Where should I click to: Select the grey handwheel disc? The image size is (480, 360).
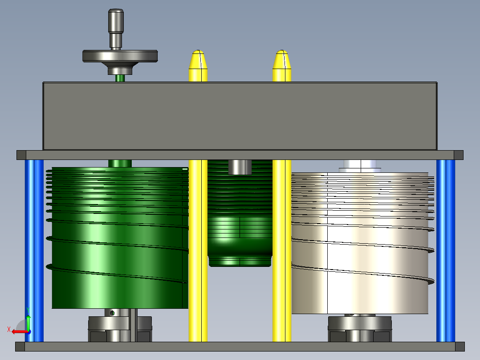coord(120,56)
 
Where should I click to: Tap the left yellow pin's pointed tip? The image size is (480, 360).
coord(198,51)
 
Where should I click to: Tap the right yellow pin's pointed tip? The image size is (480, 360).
coord(282,51)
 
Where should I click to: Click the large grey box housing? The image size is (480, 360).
coord(240,116)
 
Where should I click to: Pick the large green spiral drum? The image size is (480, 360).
coord(118,237)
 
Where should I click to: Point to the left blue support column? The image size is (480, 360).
coord(34,251)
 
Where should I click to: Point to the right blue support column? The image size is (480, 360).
coord(446,251)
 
